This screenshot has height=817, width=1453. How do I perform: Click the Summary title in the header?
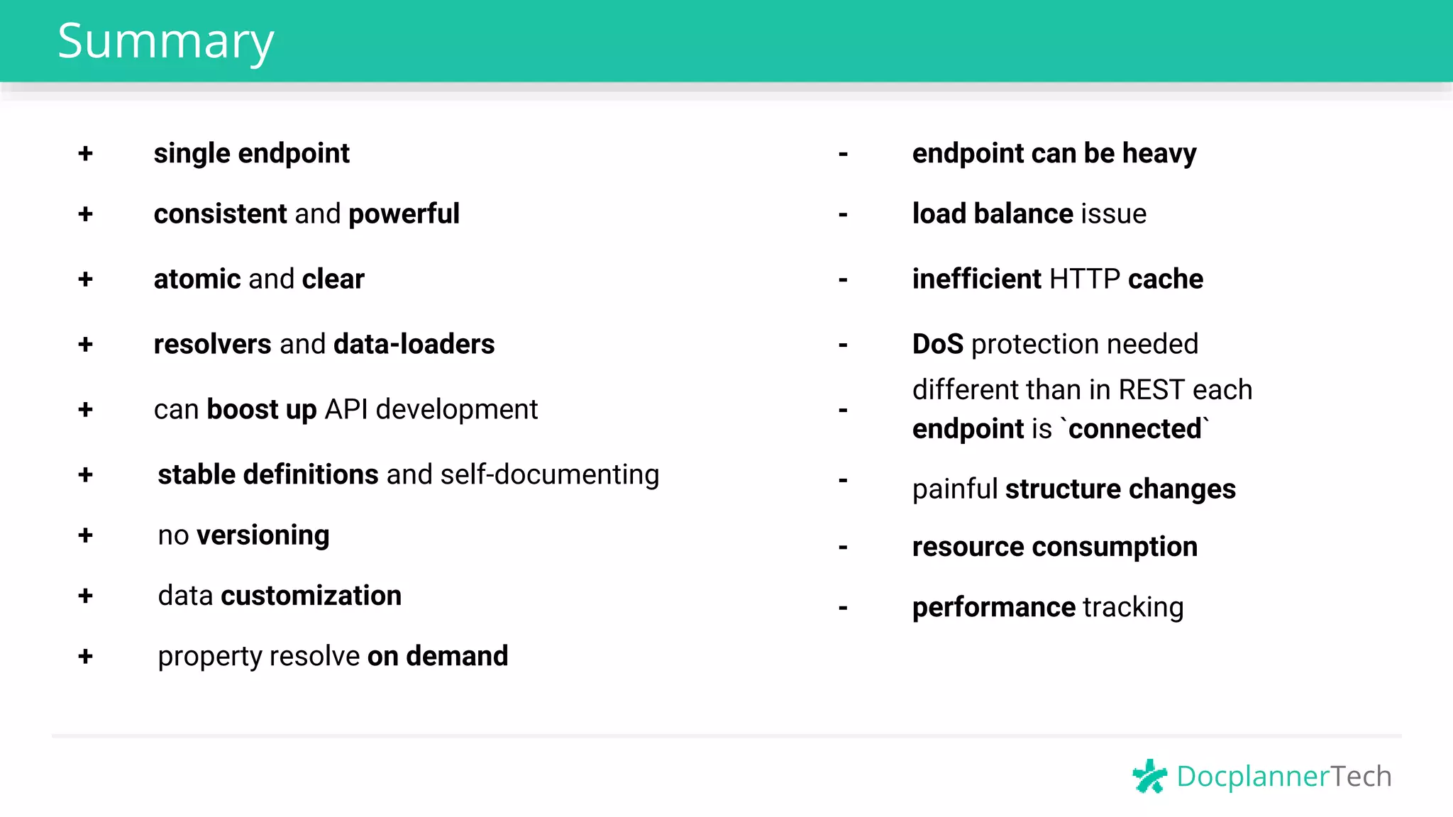[x=165, y=41]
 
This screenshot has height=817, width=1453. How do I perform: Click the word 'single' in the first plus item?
[x=192, y=154]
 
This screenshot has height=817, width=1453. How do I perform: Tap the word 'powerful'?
[x=404, y=214]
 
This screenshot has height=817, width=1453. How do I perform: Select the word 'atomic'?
[x=197, y=279]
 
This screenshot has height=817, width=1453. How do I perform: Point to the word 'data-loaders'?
[x=414, y=345]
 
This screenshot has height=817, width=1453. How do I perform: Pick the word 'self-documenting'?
[x=550, y=475]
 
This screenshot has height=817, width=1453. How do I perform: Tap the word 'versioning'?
[x=263, y=535]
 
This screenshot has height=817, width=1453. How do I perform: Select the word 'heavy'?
[x=1159, y=154]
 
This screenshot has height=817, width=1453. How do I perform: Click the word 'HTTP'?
[x=1085, y=279]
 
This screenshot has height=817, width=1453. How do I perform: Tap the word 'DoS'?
[x=937, y=345]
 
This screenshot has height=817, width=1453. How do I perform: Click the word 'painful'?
[x=955, y=489]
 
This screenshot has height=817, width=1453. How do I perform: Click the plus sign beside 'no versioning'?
[x=86, y=535]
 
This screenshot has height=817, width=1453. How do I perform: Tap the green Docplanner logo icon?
[x=1149, y=776]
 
